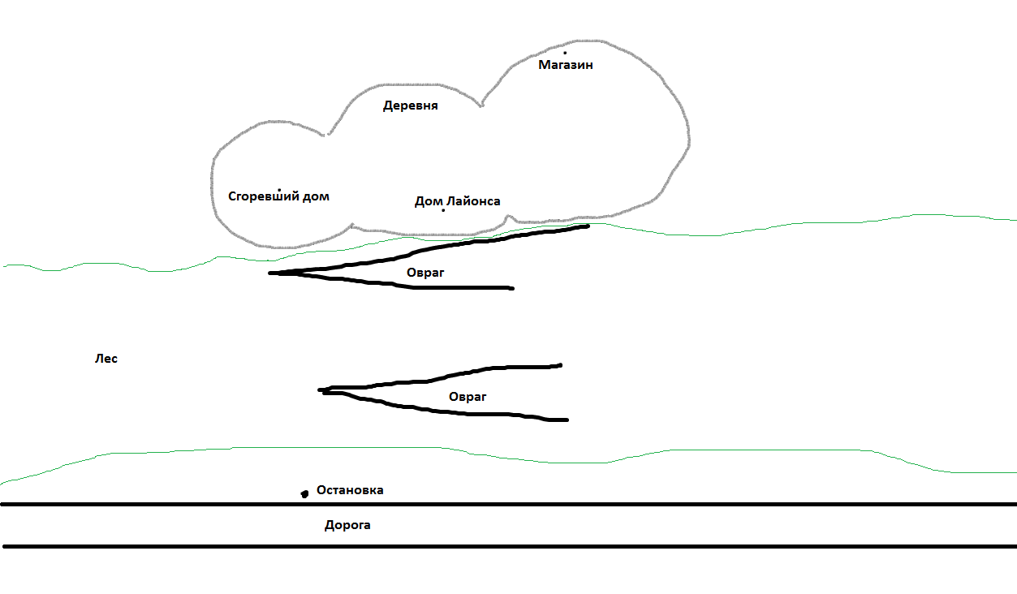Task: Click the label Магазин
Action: tap(565, 65)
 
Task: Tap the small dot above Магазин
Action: tap(565, 53)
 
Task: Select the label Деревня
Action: tap(411, 105)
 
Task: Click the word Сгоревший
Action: tap(263, 196)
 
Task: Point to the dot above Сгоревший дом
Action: tap(279, 190)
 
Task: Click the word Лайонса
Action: tap(473, 201)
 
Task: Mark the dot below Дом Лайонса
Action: tap(443, 210)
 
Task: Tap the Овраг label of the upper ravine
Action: tap(425, 273)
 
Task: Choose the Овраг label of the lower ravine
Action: tap(468, 397)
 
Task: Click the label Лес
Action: tap(106, 359)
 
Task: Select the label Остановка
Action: tap(350, 490)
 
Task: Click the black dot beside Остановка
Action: tap(304, 493)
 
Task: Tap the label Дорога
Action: tap(347, 526)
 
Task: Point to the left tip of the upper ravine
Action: tap(269, 273)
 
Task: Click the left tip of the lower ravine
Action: tap(319, 390)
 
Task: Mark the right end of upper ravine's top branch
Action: tap(588, 226)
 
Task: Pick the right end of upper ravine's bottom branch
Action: tap(512, 288)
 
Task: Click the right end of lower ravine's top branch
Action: tap(560, 365)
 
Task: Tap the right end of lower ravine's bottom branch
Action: tap(567, 420)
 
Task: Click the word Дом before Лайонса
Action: tap(429, 201)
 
